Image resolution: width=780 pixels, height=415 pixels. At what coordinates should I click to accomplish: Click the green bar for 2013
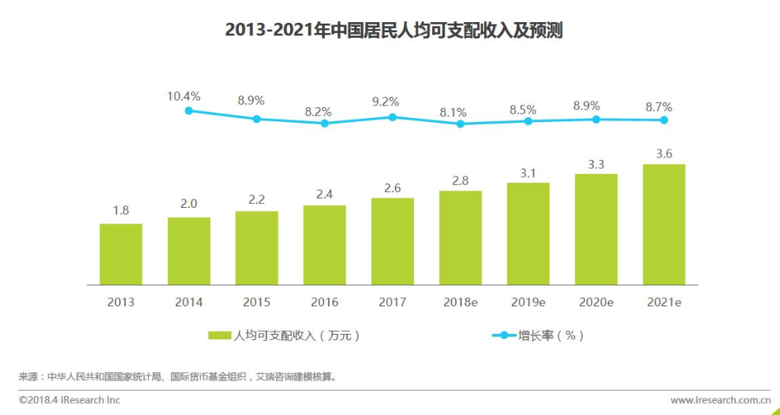121,254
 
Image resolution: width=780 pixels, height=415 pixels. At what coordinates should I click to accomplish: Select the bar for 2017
392,241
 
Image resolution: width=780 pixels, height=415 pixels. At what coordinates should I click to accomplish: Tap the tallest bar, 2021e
664,224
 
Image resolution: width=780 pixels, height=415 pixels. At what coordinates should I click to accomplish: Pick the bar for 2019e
528,233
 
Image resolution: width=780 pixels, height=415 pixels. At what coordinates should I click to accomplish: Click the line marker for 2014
188,111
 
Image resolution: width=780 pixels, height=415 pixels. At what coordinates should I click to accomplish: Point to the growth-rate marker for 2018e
461,124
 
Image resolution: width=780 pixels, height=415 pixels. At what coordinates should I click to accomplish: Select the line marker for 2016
324,123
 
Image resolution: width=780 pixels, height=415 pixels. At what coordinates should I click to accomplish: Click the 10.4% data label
183,96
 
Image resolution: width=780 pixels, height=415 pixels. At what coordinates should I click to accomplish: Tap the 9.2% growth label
386,102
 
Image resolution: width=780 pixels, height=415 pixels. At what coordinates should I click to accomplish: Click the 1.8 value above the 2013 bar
121,210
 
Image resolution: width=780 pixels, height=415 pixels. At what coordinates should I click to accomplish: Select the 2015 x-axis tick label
256,302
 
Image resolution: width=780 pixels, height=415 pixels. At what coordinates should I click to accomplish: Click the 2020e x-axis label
595,302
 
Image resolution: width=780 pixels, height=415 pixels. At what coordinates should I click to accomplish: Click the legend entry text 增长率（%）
550,335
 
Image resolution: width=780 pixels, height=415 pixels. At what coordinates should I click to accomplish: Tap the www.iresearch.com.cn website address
720,400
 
